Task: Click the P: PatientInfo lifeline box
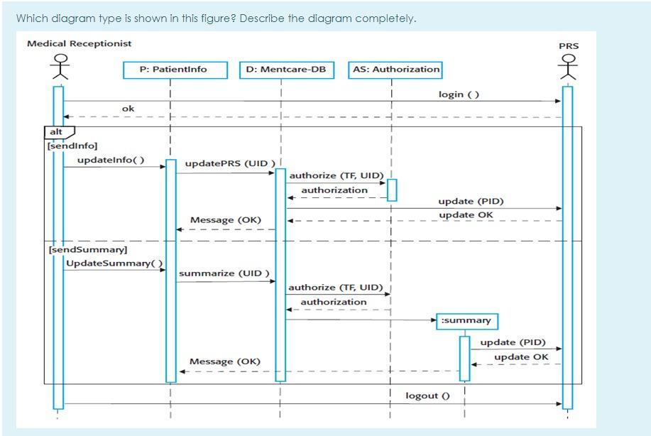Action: (x=175, y=70)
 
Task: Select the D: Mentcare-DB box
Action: (x=285, y=70)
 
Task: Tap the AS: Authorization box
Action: (x=395, y=70)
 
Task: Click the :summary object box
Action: (x=466, y=321)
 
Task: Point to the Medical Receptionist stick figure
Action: (x=58, y=68)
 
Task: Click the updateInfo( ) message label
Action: (x=111, y=160)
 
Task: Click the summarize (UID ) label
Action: (x=224, y=273)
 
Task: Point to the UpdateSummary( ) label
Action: (x=114, y=263)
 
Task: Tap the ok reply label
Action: (x=128, y=109)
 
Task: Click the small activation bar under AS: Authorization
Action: (x=391, y=190)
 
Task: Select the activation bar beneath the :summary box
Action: (x=464, y=358)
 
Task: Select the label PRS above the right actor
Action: (x=569, y=46)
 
